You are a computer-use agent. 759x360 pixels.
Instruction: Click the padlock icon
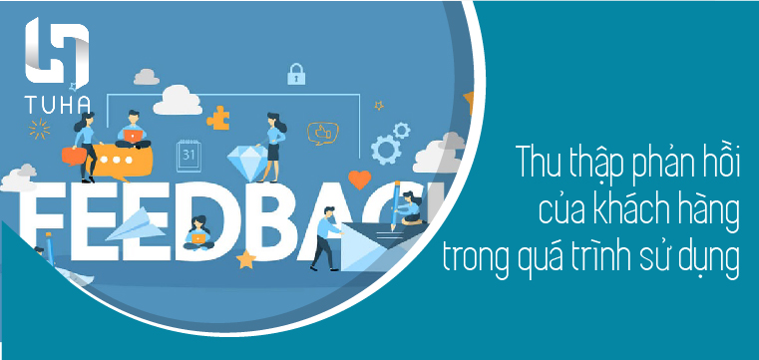(x=295, y=73)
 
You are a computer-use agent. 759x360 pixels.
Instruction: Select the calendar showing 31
(x=189, y=154)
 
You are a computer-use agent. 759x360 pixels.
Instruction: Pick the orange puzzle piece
(x=217, y=118)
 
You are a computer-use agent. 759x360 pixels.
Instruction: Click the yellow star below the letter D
(x=245, y=260)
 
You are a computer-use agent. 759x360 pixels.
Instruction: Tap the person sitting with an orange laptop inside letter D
(x=198, y=232)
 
